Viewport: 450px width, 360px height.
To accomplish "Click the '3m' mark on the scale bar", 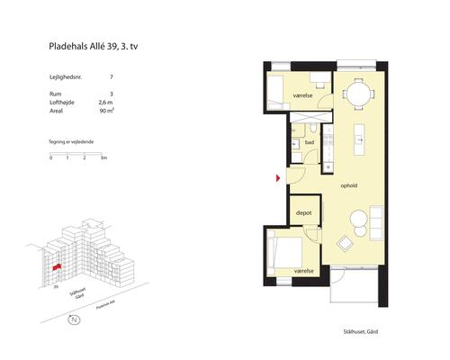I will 104,158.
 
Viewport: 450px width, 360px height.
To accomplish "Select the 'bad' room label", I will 309,143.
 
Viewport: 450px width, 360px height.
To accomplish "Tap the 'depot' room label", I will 303,213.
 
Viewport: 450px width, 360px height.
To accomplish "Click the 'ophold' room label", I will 349,186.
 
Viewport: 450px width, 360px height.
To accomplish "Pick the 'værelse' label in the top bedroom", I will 302,95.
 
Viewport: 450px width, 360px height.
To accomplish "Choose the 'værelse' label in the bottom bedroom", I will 303,270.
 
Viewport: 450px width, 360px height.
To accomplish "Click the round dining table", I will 357,93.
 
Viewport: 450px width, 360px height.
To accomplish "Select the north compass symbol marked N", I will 76,320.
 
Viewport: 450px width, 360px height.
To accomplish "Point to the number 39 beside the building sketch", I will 56,289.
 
